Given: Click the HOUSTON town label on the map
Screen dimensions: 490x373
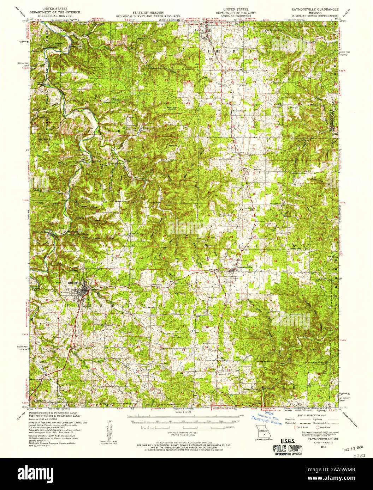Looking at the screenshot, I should point(75,283).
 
